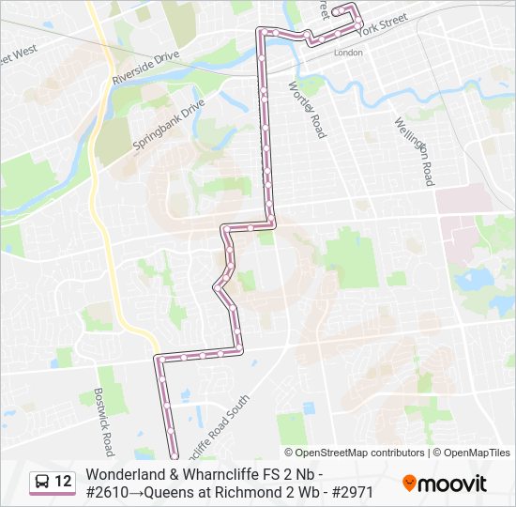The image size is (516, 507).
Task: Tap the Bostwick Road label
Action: coord(103,418)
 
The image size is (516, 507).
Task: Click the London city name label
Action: coord(348,53)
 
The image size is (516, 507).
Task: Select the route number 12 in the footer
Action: coord(63,482)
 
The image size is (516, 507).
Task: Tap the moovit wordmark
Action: coord(453,484)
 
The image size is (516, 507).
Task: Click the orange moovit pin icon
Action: coord(409,484)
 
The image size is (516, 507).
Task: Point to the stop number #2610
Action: coord(110,491)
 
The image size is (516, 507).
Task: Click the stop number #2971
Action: coord(349,491)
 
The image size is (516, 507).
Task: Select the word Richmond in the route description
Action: coord(250,491)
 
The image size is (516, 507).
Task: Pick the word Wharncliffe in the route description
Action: coord(223,474)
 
